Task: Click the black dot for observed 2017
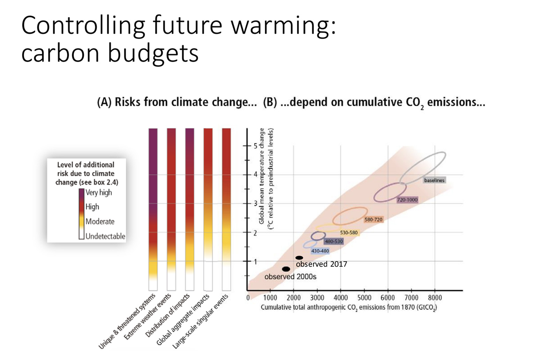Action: click(x=299, y=258)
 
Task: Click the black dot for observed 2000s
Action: click(x=286, y=269)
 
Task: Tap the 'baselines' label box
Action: click(x=434, y=180)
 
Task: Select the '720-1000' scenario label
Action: click(x=407, y=200)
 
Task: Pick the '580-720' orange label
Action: click(x=373, y=219)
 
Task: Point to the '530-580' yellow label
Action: click(x=349, y=232)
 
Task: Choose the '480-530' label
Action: click(x=334, y=241)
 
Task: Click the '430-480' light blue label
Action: click(x=320, y=251)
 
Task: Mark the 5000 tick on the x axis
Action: click(x=364, y=298)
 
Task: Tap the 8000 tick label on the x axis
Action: click(x=435, y=298)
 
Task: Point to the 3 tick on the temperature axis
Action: click(x=255, y=203)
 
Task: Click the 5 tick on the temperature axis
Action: click(x=255, y=145)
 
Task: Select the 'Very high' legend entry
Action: click(x=98, y=193)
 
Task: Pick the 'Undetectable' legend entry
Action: click(x=105, y=236)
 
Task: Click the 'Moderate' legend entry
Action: click(x=100, y=222)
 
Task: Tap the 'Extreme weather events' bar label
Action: click(x=148, y=317)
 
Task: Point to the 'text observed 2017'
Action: click(x=321, y=264)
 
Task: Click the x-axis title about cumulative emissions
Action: click(x=349, y=307)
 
